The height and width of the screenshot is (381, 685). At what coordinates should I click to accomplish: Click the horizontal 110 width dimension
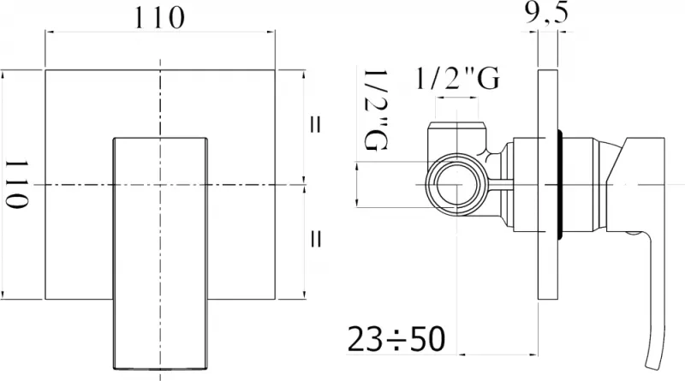(x=159, y=18)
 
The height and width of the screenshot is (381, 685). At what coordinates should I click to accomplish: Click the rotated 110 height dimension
(x=16, y=183)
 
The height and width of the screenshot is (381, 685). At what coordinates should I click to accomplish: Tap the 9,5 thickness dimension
(x=546, y=13)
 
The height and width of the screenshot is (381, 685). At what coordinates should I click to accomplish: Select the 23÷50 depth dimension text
(x=396, y=338)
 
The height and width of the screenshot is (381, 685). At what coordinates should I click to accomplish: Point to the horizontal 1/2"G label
(x=457, y=79)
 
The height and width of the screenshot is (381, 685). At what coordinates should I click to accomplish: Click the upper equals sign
(x=315, y=125)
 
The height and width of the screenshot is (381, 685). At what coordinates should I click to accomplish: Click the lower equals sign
(x=315, y=239)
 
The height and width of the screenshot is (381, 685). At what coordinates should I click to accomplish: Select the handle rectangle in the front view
(x=160, y=253)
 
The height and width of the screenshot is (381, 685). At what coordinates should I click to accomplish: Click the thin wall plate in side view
(x=548, y=184)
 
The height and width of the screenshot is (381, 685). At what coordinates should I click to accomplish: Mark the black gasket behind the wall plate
(x=560, y=184)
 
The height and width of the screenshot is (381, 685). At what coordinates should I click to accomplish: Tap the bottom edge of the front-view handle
(x=160, y=369)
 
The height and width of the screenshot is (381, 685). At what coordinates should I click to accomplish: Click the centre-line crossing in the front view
(x=160, y=184)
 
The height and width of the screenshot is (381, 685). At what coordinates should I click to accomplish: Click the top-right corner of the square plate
(x=275, y=69)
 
